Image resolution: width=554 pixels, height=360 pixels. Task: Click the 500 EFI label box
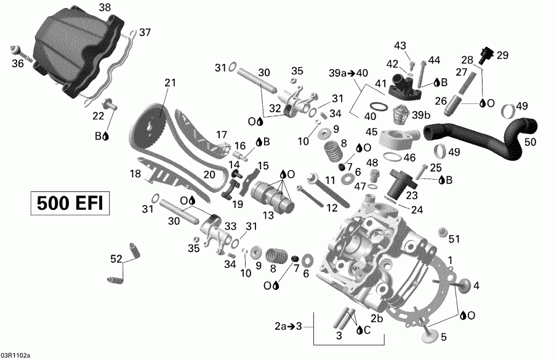pyautogui.click(x=70, y=203)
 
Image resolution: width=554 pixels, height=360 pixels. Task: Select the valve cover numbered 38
pyautogui.click(x=77, y=52)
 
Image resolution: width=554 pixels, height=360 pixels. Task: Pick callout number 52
pyautogui.click(x=116, y=259)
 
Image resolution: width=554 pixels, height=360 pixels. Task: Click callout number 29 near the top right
pyautogui.click(x=502, y=55)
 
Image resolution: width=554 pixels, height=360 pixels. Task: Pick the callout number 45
pyautogui.click(x=371, y=132)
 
